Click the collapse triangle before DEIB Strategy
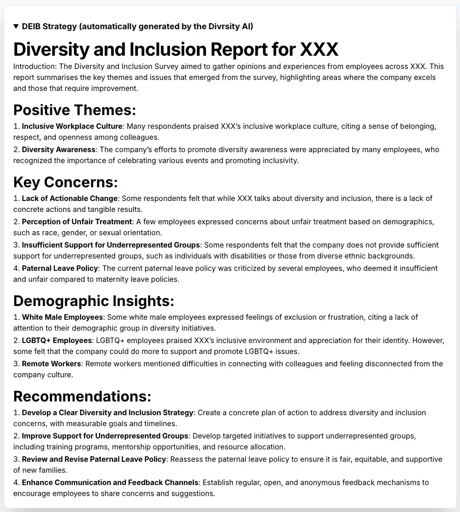pos(16,26)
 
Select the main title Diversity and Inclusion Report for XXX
pos(176,49)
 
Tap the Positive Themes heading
pos(75,110)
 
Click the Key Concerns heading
pos(66,182)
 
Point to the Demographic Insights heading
pos(94,301)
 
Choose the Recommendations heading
pos(82,396)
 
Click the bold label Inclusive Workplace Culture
pos(72,126)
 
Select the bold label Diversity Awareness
pos(59,150)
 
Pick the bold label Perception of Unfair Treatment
pos(77,222)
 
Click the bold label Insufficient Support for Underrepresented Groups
pos(111,245)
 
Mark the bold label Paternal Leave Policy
pos(60,269)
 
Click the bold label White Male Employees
pos(63,317)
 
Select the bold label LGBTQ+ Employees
pos(57,341)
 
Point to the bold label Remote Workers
pos(52,364)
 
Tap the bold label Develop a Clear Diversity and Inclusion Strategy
pos(108,413)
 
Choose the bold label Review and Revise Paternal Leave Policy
pos(94,459)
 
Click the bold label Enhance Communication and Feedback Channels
pos(111,483)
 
